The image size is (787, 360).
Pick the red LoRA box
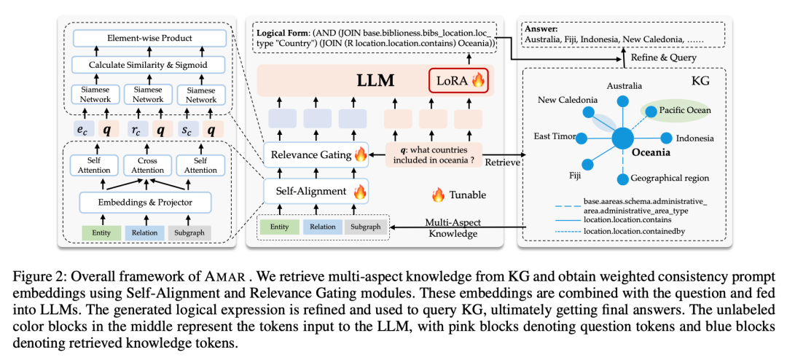tap(458, 79)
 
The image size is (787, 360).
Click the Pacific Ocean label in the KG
tap(684, 111)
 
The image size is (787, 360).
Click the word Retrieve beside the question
tap(503, 163)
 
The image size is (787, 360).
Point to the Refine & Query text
tap(673, 57)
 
